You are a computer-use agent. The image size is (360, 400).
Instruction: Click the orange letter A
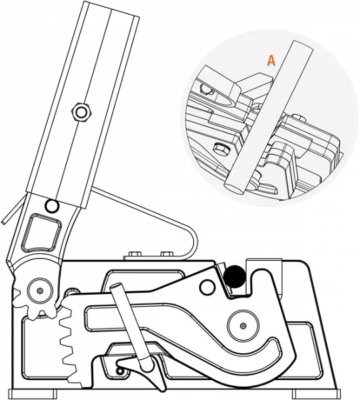(x=271, y=61)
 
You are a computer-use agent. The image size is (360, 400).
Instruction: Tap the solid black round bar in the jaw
(x=235, y=277)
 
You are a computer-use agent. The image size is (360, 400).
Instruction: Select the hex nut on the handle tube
(x=81, y=112)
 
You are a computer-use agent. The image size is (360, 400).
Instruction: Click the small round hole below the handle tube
(x=52, y=205)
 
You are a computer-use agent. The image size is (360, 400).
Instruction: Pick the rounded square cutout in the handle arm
(x=42, y=232)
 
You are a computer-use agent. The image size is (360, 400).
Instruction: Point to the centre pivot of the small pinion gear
(x=40, y=291)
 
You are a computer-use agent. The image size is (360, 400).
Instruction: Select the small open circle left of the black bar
(x=208, y=287)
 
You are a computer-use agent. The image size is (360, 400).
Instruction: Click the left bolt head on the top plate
(x=135, y=254)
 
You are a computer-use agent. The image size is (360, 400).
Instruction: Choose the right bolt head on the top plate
(x=167, y=254)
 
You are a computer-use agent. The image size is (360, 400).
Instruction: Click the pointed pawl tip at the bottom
(x=160, y=390)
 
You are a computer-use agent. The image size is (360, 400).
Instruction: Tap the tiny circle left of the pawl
(x=119, y=371)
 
